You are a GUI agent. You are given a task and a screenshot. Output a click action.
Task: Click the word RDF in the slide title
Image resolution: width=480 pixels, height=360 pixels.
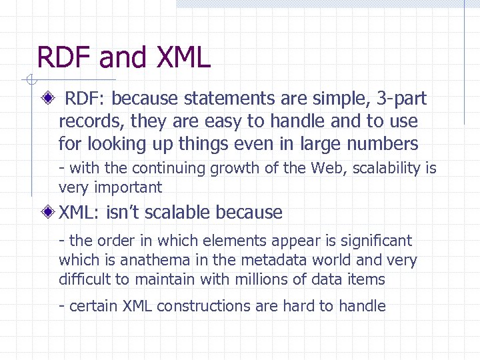pyautogui.click(x=65, y=57)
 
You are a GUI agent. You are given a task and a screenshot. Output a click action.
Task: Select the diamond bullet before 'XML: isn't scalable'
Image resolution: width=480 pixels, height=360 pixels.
pyautogui.click(x=49, y=213)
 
